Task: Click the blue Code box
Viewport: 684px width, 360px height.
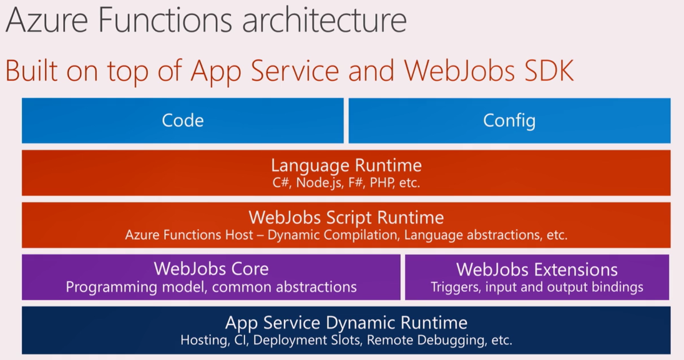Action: [182, 120]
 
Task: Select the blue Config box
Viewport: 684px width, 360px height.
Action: [509, 120]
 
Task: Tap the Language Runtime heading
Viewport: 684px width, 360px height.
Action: [346, 165]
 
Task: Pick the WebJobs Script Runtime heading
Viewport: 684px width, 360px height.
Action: [346, 217]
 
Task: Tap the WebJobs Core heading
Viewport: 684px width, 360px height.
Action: [211, 269]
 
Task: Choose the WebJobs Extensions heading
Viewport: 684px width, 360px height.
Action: [537, 270]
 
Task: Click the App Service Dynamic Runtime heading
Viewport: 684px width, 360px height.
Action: [346, 323]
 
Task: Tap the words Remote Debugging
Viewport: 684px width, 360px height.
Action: [425, 341]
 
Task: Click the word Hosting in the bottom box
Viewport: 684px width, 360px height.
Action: [203, 341]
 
